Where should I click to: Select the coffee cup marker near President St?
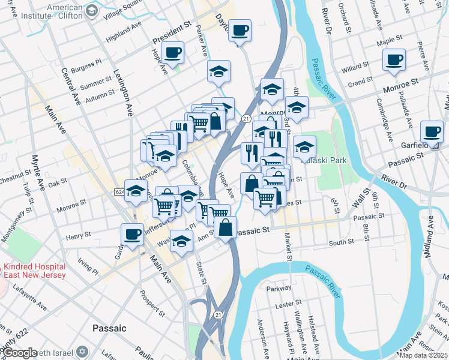[x=173, y=53]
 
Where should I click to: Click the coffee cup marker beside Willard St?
[x=394, y=59]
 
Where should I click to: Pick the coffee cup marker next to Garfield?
[x=431, y=131]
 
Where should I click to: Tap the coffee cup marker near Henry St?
[x=132, y=233]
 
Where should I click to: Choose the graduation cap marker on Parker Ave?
[x=219, y=71]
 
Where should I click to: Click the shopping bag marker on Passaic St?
[x=225, y=227]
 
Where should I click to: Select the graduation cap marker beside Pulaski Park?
[x=304, y=146]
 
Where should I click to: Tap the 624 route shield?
[x=119, y=191]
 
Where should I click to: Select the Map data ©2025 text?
[x=423, y=355]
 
